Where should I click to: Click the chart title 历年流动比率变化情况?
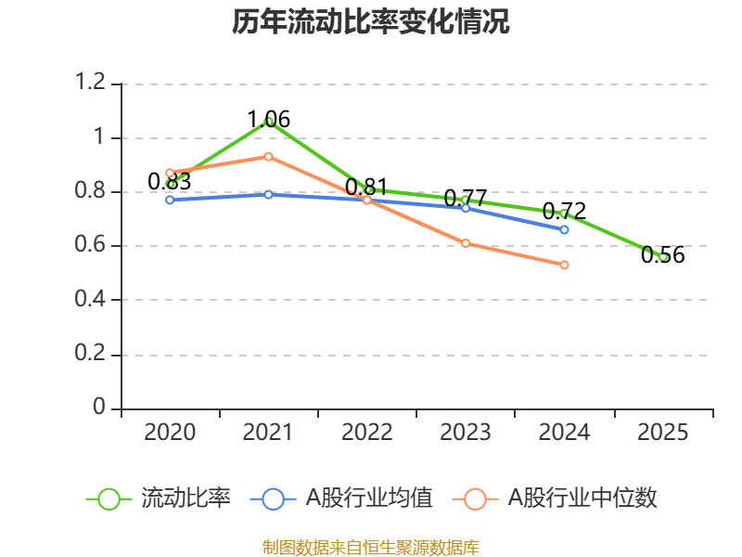370,22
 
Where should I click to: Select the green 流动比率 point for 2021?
268,121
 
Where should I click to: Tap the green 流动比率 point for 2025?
663,257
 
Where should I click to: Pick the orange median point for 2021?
268,156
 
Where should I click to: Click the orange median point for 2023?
466,243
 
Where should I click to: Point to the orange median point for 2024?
564,265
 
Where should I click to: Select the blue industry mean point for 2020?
170,200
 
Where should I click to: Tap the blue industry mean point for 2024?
564,229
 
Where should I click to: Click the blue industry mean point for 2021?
268,194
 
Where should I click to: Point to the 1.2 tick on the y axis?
92,84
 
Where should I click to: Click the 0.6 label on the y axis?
92,246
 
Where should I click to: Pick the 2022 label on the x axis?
367,433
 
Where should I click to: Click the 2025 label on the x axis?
663,433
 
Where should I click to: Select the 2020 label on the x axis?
171,433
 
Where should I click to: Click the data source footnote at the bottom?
370,547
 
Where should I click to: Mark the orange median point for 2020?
170,173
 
